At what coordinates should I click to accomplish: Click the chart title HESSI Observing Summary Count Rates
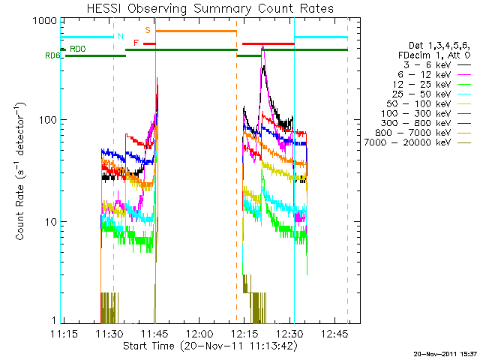(x=211, y=8)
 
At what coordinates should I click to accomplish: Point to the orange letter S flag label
(x=148, y=29)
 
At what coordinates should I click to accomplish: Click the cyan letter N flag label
(x=119, y=35)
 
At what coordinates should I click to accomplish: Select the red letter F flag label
(x=136, y=43)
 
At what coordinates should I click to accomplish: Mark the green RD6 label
(x=52, y=55)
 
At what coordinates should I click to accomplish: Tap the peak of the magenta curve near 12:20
(x=262, y=46)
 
